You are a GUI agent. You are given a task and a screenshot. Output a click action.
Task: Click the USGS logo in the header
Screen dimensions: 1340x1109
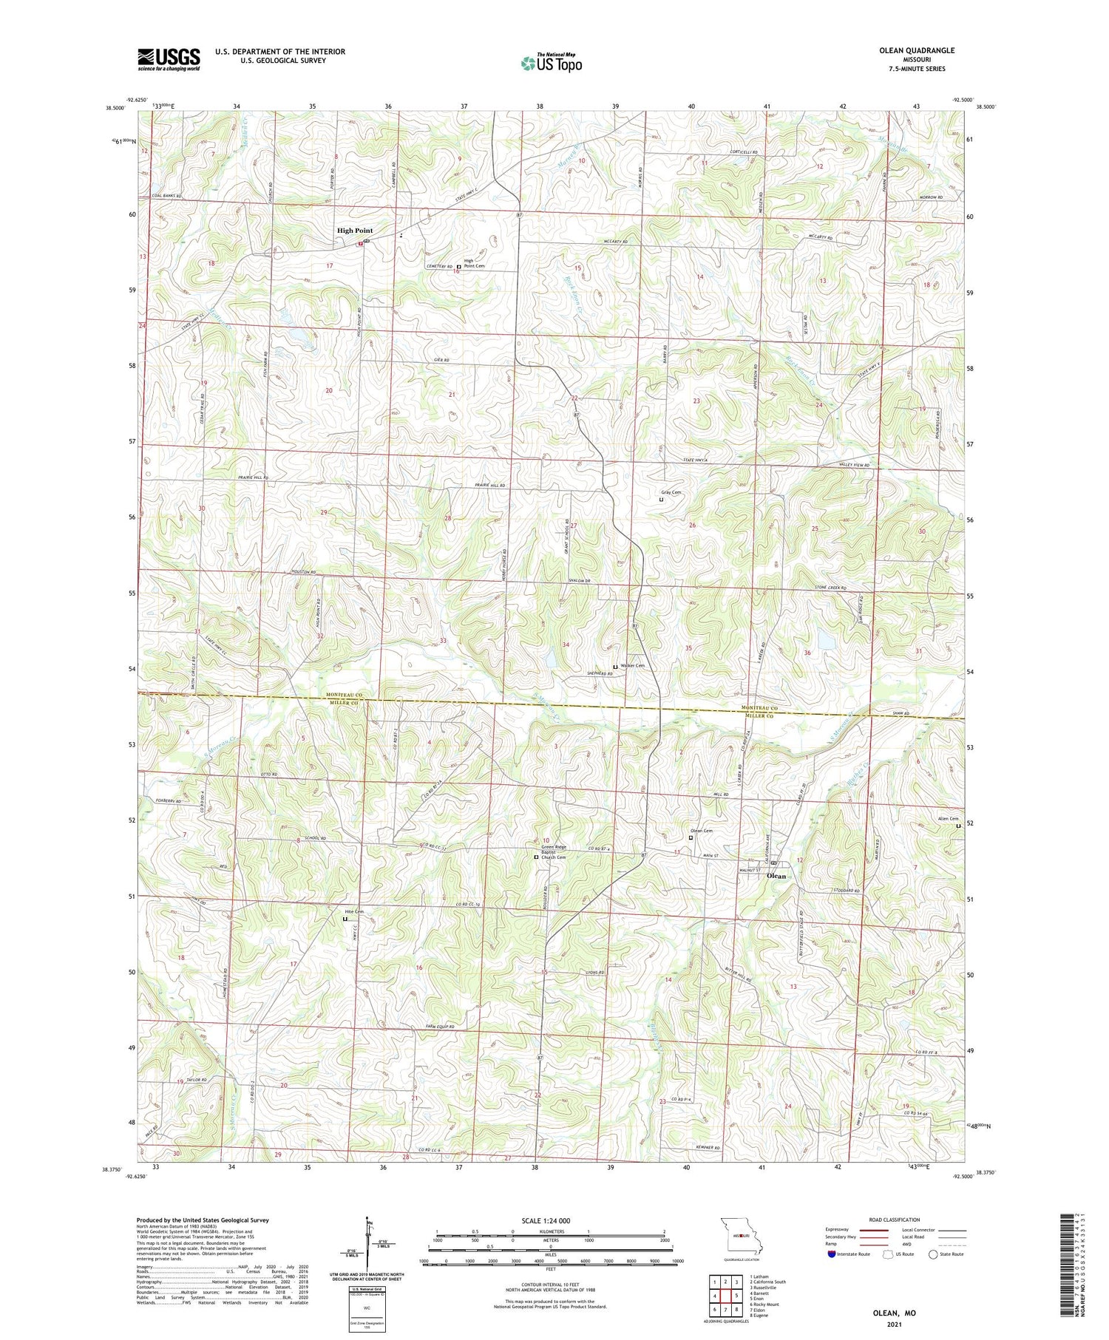click(x=169, y=59)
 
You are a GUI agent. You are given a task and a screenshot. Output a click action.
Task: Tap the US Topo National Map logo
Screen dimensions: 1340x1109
click(x=551, y=63)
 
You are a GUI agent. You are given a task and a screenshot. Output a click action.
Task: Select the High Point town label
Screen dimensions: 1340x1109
click(x=355, y=231)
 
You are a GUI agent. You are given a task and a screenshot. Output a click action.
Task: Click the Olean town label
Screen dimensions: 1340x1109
click(x=776, y=876)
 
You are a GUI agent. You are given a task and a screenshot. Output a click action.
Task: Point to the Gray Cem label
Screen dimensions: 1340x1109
click(x=671, y=492)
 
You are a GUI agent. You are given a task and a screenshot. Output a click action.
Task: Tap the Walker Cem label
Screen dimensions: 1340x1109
click(x=632, y=666)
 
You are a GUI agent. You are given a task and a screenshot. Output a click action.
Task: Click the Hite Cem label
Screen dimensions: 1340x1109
click(x=354, y=911)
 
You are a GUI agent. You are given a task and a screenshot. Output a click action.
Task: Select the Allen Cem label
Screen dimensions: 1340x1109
click(x=948, y=818)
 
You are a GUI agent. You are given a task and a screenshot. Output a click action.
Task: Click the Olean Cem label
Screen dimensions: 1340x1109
click(x=701, y=831)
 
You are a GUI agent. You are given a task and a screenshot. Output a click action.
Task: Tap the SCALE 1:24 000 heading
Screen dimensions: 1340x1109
click(x=550, y=1220)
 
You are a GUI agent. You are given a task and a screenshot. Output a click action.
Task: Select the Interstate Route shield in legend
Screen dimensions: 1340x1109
click(x=832, y=1254)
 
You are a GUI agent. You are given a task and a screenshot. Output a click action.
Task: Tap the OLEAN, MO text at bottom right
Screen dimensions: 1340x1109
click(x=893, y=1313)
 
